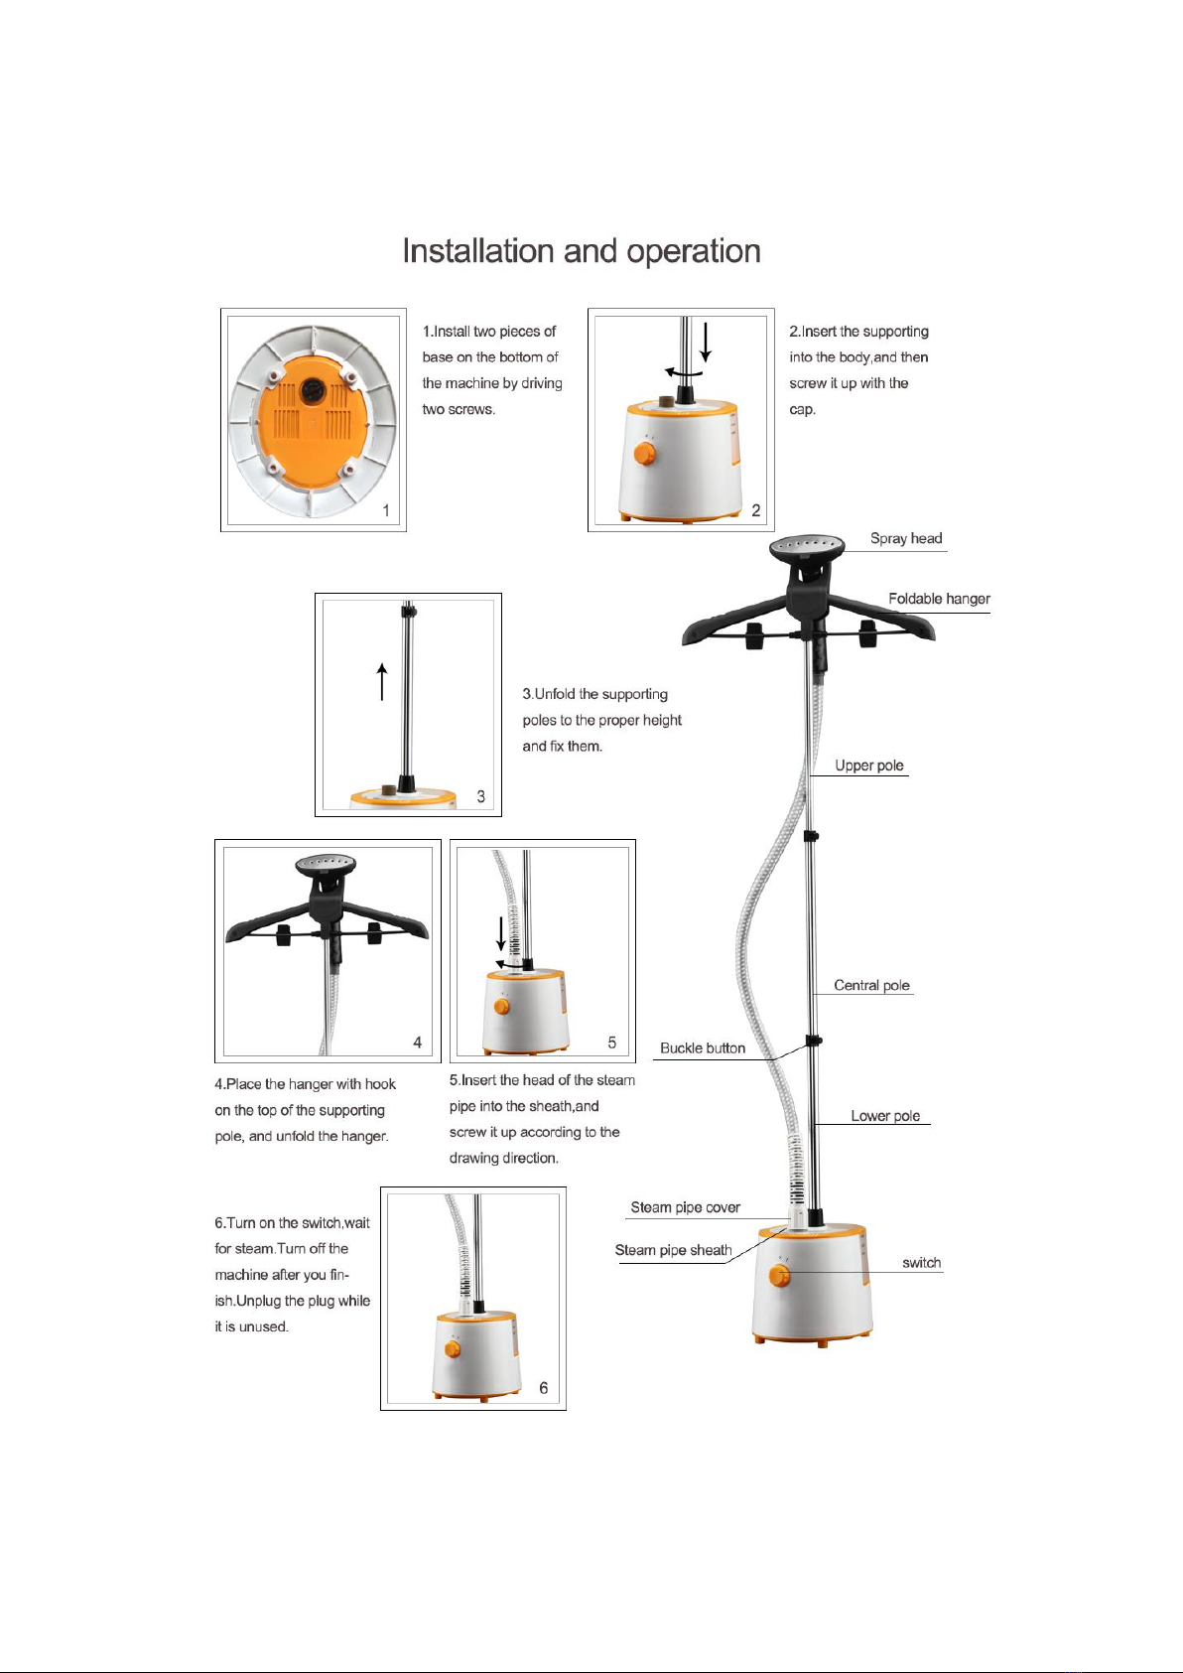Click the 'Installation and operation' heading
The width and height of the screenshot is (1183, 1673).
point(582,252)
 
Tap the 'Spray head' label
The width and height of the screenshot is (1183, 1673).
point(905,538)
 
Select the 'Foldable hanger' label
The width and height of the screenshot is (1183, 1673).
point(939,599)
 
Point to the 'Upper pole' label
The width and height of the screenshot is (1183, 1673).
point(868,766)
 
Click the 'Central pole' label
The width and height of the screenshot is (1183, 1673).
point(871,985)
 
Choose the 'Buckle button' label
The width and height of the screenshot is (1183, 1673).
point(703,1047)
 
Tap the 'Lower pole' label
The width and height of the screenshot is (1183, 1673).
point(885,1116)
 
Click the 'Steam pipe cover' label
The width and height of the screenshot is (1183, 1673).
point(685,1207)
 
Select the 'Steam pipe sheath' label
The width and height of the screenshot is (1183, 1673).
point(673,1250)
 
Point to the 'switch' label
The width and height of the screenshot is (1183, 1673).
point(921,1263)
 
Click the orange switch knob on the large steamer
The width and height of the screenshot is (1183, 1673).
point(780,1276)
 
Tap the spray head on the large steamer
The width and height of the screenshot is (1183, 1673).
point(807,547)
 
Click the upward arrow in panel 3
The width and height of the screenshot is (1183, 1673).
point(382,681)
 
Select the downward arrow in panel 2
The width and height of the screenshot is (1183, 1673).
point(706,343)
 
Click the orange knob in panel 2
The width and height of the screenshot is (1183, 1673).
point(644,454)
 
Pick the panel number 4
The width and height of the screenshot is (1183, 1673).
point(417,1043)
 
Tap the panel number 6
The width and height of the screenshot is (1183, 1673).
point(543,1388)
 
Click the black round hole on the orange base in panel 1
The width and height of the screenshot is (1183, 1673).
point(312,390)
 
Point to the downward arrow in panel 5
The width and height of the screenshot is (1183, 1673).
point(501,933)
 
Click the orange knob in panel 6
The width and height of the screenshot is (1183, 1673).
point(453,1349)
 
